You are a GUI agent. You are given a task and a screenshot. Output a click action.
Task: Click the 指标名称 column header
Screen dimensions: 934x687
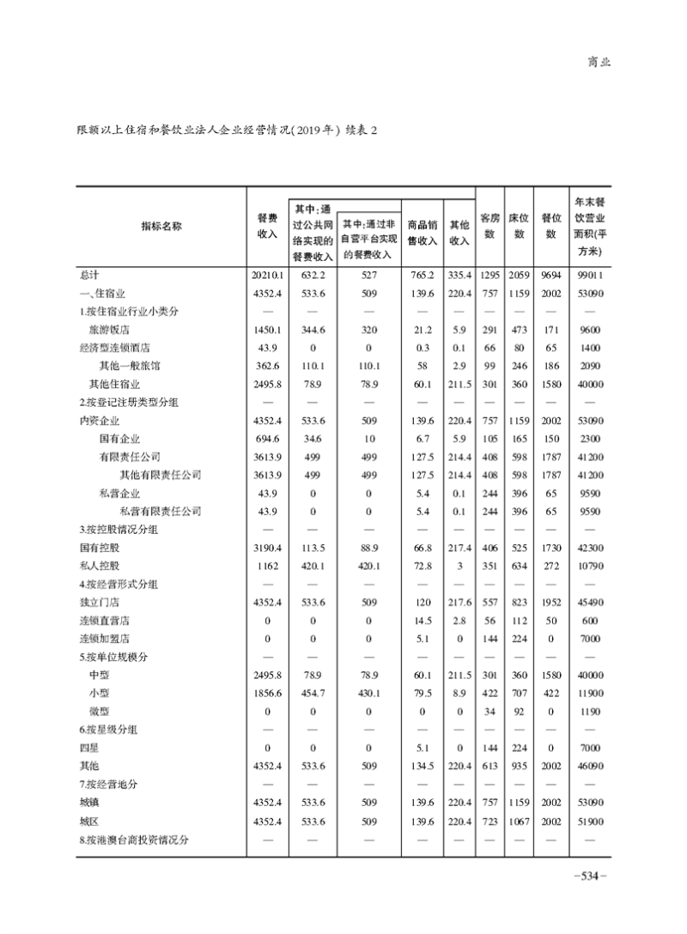click(161, 226)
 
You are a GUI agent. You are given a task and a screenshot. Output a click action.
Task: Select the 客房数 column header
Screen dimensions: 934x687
click(490, 226)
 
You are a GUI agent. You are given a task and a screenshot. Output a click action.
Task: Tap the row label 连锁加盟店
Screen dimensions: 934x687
click(102, 639)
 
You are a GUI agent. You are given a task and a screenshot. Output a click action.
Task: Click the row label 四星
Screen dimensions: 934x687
click(88, 748)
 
